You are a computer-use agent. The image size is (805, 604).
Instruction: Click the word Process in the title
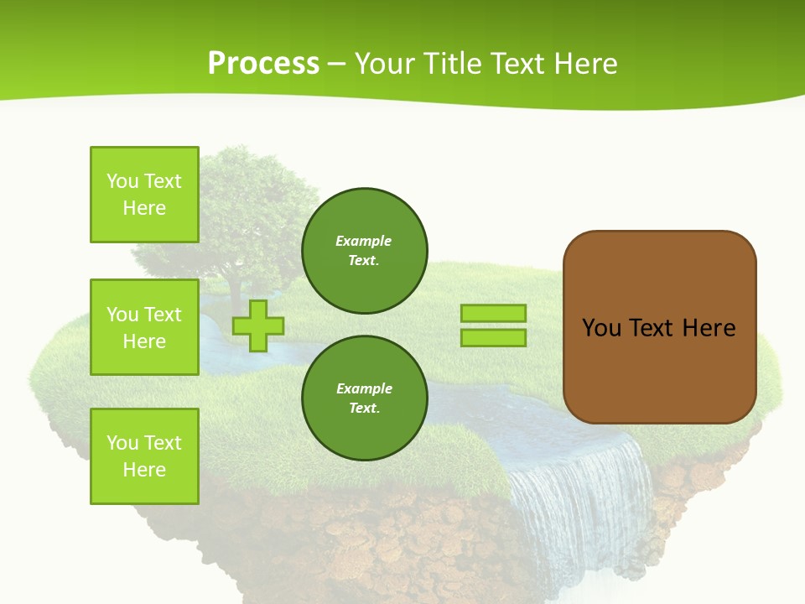[x=263, y=64]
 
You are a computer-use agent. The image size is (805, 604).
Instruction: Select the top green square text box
[x=144, y=195]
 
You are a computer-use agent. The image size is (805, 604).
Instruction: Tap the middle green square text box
[x=144, y=327]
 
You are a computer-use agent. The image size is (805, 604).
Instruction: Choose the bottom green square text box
[x=144, y=456]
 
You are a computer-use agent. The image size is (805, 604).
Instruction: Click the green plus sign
[x=258, y=325]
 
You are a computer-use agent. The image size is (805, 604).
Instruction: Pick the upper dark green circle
[x=364, y=251]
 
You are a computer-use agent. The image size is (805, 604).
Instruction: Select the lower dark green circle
[x=364, y=398]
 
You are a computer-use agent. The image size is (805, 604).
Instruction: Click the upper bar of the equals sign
[x=493, y=314]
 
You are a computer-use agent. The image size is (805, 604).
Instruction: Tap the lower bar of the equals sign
[x=493, y=338]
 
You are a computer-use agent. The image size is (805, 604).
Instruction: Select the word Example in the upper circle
[x=363, y=242]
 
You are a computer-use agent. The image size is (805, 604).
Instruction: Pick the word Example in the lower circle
[x=364, y=389]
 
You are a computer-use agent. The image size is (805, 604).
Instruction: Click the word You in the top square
[x=122, y=182]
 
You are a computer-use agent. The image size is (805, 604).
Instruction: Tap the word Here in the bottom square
[x=144, y=471]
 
